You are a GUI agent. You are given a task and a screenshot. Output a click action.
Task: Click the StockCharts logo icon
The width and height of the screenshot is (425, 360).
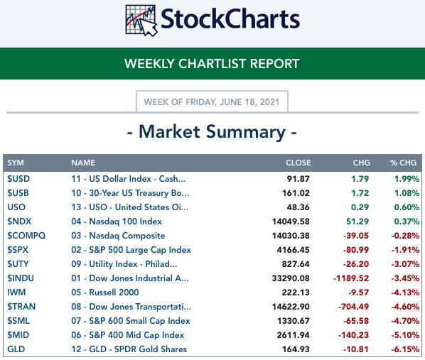point(141,21)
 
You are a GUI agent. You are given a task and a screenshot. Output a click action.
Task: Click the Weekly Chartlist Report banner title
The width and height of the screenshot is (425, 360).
point(212,64)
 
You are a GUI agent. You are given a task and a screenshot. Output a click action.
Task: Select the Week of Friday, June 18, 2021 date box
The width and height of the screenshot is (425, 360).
point(212,102)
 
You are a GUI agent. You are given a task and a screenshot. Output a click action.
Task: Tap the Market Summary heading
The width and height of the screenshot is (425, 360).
point(212,132)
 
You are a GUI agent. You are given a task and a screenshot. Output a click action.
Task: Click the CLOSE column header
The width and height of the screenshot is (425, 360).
point(298,163)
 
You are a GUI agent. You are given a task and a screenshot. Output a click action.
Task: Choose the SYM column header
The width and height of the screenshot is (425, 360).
point(16,163)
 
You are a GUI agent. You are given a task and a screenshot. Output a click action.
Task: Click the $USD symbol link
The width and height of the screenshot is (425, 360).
point(18,179)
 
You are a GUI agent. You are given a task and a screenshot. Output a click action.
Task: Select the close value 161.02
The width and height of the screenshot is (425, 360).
point(296,193)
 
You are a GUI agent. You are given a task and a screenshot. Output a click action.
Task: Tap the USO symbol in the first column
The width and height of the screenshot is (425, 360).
point(16,207)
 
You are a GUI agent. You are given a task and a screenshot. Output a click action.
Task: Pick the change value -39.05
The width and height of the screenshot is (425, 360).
point(356,236)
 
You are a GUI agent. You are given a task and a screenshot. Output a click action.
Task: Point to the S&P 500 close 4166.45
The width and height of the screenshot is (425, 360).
point(293,250)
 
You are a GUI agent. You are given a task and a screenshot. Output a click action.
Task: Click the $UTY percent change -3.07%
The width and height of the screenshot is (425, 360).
point(405,264)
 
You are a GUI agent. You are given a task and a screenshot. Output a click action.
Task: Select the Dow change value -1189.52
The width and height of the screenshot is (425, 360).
point(351,278)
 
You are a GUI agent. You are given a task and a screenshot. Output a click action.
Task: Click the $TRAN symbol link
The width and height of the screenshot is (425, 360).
point(21,307)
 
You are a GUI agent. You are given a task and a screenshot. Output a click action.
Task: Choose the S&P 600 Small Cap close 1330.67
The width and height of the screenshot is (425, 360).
point(294,321)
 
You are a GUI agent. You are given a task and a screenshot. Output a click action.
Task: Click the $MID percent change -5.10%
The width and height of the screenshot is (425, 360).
point(405,335)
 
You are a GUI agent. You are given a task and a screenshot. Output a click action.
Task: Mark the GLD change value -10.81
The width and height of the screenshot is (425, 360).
point(356,349)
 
